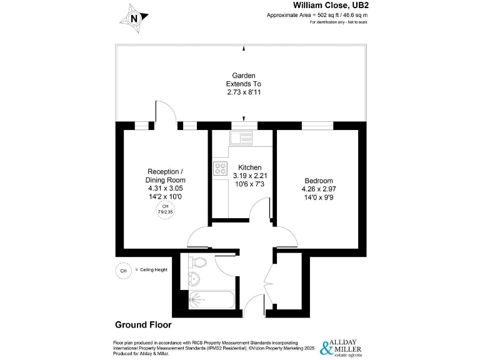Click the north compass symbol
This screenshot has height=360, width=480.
(x=133, y=18)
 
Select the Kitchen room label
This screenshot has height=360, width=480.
(x=247, y=167)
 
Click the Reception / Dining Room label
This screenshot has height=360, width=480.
(x=165, y=176)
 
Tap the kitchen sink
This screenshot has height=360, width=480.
(x=241, y=137)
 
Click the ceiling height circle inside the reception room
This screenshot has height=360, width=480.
(x=165, y=209)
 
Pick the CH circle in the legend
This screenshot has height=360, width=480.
(x=123, y=270)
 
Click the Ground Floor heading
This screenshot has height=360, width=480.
(x=143, y=325)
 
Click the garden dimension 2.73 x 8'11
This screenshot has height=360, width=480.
(x=243, y=92)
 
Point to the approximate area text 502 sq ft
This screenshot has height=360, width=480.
(x=317, y=14)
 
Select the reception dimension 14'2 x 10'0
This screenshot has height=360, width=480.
(x=165, y=196)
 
